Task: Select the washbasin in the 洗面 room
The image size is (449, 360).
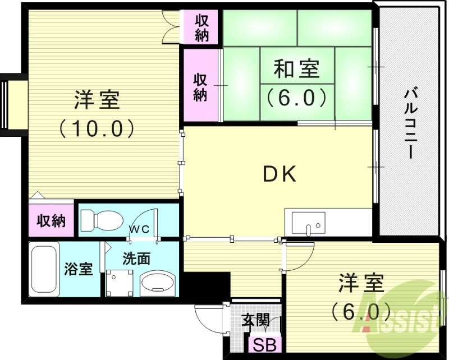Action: [x=158, y=283]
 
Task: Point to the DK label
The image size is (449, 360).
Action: [x=280, y=176]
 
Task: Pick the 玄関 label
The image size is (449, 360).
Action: [x=255, y=321]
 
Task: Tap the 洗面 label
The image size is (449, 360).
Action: [x=136, y=259]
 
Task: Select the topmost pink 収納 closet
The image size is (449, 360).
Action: [x=202, y=27]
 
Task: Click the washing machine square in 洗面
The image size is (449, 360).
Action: [x=120, y=283]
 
